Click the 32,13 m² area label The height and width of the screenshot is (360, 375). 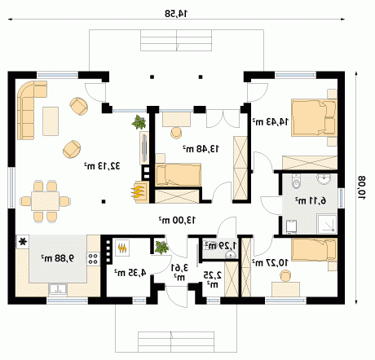pos(102,165)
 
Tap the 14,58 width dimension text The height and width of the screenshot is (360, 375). pos(176,13)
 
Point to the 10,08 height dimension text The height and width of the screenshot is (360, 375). pos(361,187)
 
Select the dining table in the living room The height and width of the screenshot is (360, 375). pos(45,201)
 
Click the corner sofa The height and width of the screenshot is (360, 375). pos(27,108)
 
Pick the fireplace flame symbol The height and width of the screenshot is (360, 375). pos(138,191)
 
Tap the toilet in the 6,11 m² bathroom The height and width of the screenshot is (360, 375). pos(296,181)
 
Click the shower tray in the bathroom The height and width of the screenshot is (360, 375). pos(327,224)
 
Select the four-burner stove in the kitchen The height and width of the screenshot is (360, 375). pos(93,258)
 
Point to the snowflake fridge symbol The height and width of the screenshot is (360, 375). pos(23,241)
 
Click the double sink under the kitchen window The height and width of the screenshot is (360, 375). pos(58,289)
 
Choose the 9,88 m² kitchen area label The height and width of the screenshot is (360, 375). pos(57,258)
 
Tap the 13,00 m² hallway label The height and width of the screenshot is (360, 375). pos(177,220)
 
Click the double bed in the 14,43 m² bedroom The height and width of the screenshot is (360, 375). pos(314,117)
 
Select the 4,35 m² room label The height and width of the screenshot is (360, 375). pos(130,272)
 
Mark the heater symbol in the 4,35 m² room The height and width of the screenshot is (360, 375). pos(121,248)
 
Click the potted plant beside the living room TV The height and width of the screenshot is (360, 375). pos(139,122)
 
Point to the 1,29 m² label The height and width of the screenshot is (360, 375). pos(220,246)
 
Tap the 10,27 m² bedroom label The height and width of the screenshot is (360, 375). pos(270,262)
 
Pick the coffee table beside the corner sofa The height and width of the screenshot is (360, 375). pos(51,121)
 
